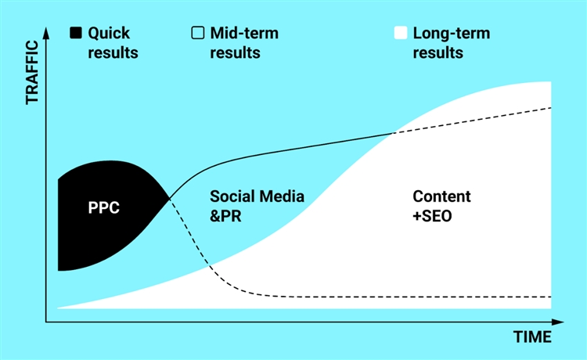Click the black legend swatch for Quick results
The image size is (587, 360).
(76, 34)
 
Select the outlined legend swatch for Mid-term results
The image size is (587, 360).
(197, 34)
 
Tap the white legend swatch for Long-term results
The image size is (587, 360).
(400, 34)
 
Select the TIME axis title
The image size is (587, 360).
(532, 337)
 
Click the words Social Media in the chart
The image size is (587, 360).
(257, 196)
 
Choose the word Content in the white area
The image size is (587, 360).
(441, 196)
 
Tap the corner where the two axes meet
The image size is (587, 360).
(46, 321)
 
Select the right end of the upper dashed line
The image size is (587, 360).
(552, 107)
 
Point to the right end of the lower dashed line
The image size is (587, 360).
(552, 297)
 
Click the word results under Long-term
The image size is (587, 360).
(438, 53)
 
